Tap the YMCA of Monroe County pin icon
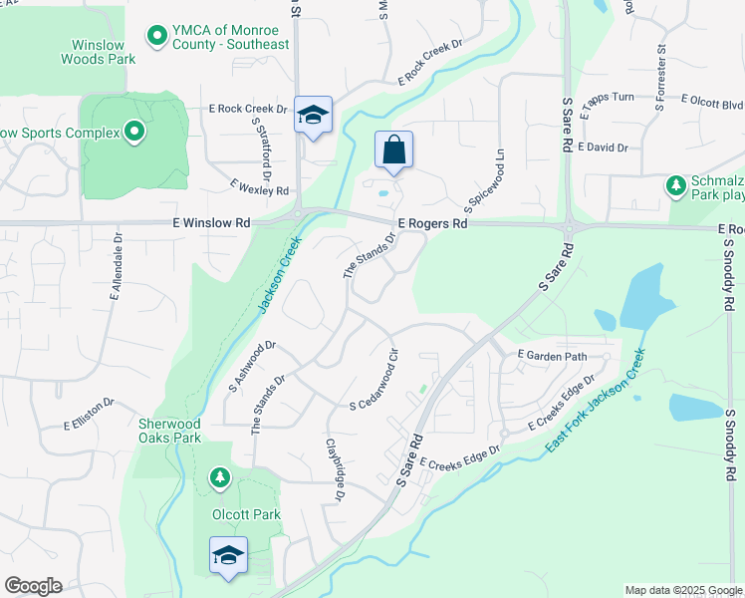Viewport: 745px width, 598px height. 156,37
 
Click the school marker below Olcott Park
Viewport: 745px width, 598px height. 228,555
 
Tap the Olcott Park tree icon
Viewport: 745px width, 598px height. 219,479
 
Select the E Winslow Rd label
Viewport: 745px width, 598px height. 215,223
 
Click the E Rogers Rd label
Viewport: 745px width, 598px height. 432,224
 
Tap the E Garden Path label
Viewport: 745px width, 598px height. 553,355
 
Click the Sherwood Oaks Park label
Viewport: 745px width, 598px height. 169,430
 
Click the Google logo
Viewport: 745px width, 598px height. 33,586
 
